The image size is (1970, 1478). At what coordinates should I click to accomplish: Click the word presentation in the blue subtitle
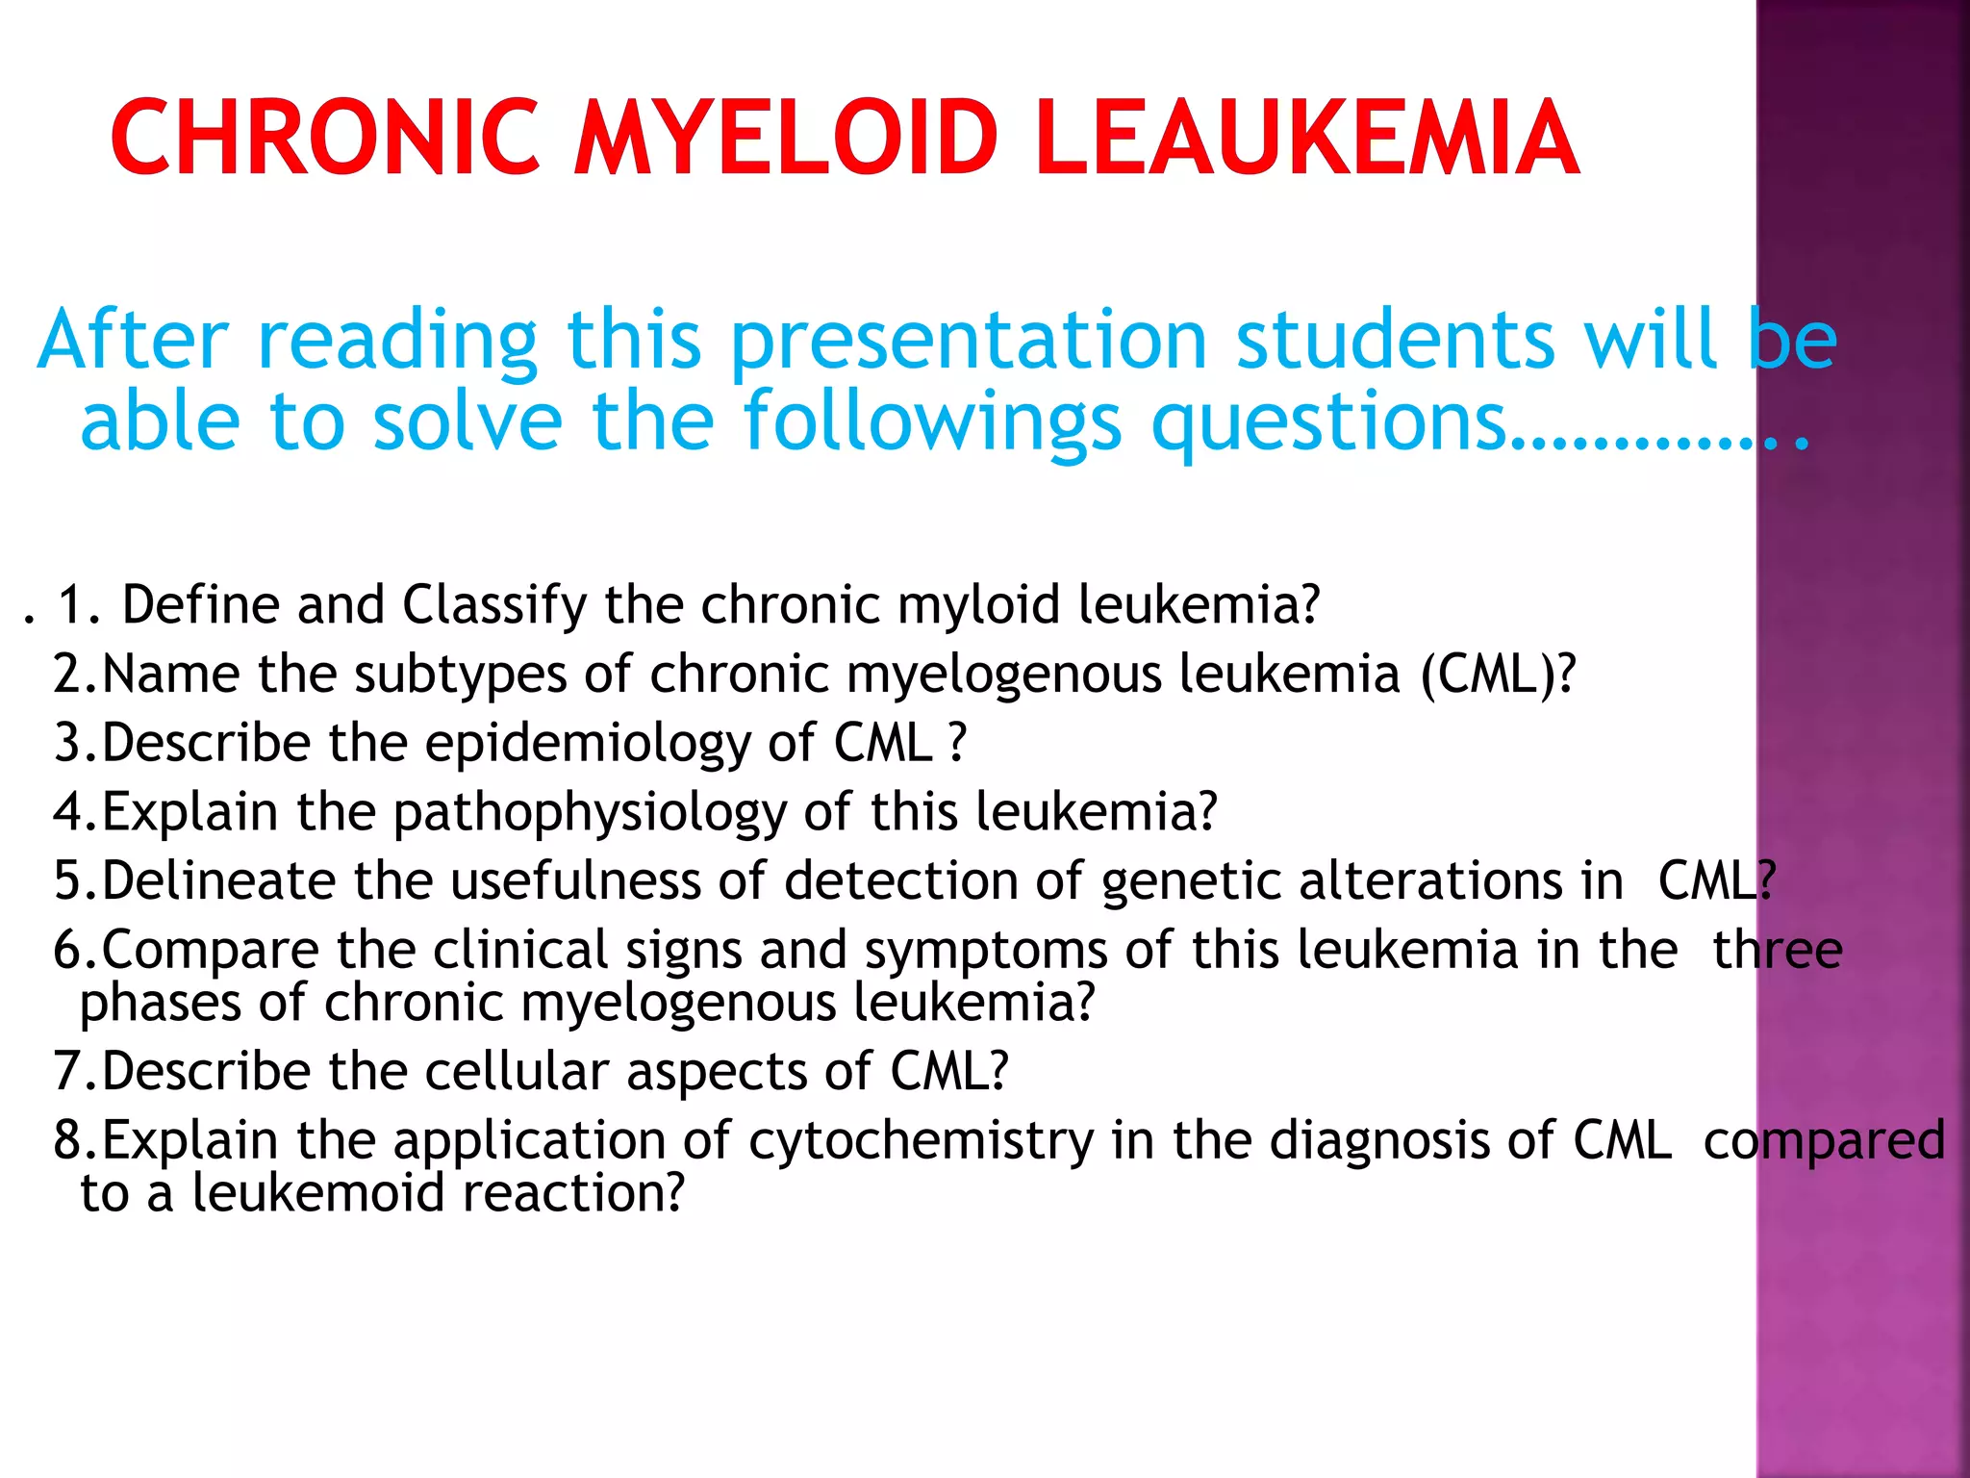coord(968,342)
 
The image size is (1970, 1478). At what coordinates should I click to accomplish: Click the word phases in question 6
coord(160,1005)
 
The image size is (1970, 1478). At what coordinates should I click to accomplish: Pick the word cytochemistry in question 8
coord(921,1142)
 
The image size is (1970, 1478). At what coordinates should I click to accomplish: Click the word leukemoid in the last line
coord(317,1194)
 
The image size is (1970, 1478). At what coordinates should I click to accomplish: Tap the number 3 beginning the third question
coord(69,744)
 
